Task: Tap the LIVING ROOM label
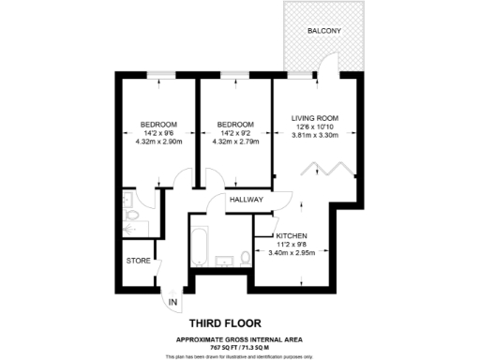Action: coord(314,118)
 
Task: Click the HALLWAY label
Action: coord(246,201)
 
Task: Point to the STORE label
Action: coord(139,260)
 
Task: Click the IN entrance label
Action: coord(172,302)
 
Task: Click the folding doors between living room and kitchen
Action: coord(328,172)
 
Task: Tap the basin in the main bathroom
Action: coord(225,260)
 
